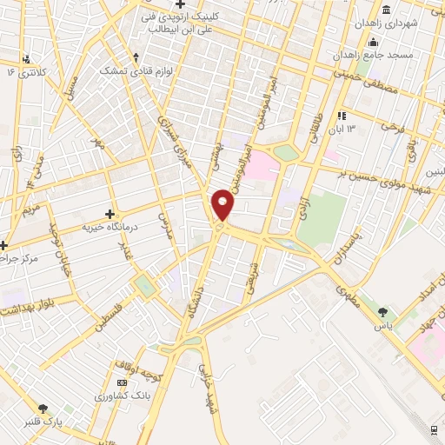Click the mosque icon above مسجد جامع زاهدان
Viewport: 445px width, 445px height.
coord(374,43)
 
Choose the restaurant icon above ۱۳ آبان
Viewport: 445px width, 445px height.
coord(342,115)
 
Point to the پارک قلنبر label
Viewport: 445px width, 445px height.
coord(43,421)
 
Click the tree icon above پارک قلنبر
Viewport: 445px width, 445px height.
coord(42,407)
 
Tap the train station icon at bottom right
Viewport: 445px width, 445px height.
coord(434,428)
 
